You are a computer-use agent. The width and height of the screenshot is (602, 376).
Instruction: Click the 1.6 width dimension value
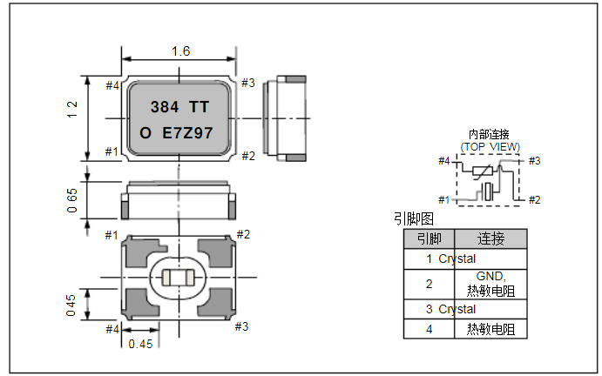[x=180, y=51]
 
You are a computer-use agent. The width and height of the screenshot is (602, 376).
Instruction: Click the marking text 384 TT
[x=179, y=108]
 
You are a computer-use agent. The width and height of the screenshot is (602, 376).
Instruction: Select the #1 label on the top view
[x=112, y=152]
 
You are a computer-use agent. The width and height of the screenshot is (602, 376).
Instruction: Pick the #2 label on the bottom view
[x=243, y=235]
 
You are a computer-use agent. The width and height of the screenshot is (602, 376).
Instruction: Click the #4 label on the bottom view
[x=112, y=329]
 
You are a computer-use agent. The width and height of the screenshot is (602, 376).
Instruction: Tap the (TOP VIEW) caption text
[x=490, y=147]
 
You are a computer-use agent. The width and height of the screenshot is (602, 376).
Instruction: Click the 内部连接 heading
[x=489, y=134]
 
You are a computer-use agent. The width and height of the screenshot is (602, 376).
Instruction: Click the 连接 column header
[x=491, y=238]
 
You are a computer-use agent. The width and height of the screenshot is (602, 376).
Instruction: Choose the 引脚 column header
[x=429, y=238]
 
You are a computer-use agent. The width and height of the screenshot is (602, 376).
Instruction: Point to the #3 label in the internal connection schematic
[x=534, y=161]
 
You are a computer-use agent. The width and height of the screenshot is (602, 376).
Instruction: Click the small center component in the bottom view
[x=179, y=279]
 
